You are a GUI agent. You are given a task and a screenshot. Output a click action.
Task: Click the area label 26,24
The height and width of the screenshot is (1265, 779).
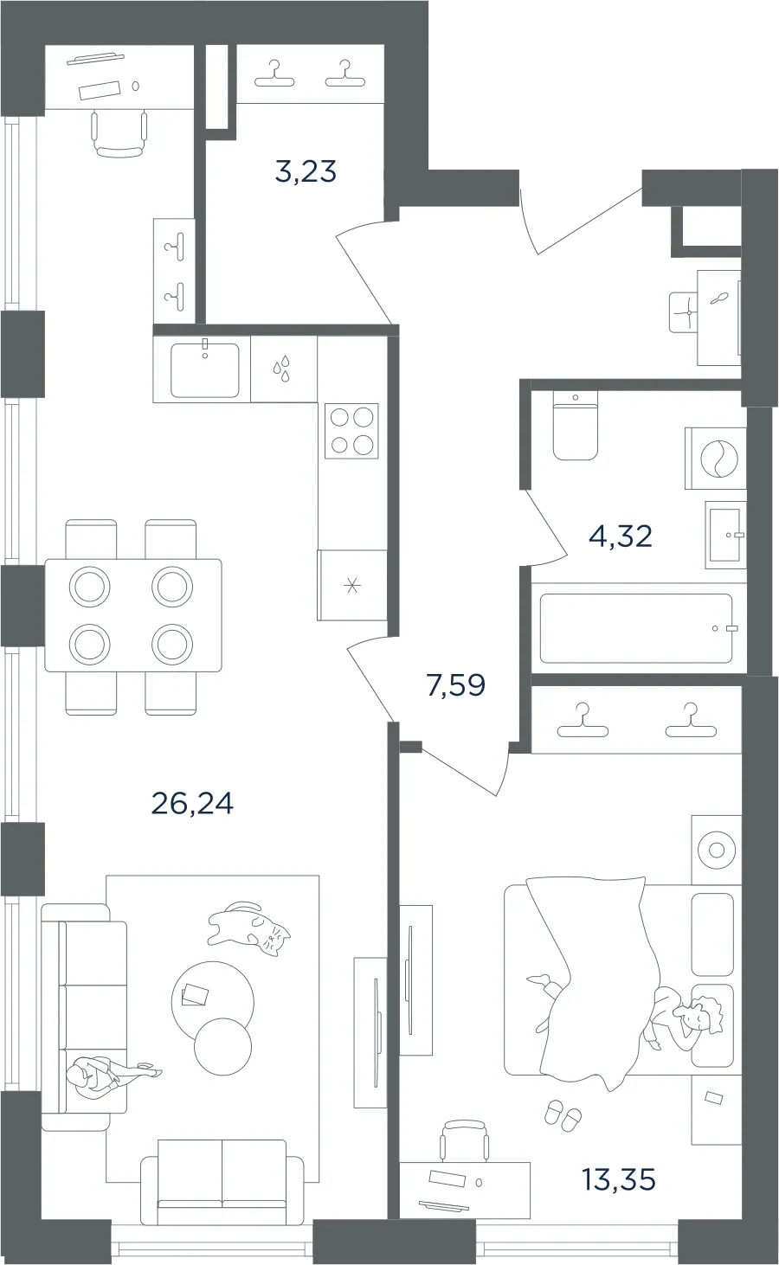(x=192, y=804)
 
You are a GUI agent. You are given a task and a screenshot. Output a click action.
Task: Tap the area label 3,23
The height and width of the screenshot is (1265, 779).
(x=306, y=171)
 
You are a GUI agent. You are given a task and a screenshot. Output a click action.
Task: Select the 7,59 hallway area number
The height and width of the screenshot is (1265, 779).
(x=456, y=685)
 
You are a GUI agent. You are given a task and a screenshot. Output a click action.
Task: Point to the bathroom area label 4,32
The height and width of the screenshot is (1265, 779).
(x=621, y=536)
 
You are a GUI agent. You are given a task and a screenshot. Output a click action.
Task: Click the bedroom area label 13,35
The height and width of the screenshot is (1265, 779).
(x=619, y=1179)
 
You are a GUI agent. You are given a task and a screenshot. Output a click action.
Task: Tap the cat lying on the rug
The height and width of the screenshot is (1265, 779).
(x=249, y=928)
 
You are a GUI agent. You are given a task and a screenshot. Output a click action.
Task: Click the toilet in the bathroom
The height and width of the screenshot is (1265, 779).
(x=575, y=427)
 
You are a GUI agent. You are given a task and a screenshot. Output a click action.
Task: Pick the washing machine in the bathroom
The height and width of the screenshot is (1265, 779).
(x=715, y=458)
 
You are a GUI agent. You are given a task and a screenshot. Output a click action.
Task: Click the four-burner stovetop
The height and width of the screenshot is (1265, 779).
(x=351, y=432)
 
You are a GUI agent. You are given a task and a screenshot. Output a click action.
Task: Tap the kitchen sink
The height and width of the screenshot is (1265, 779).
(x=204, y=370)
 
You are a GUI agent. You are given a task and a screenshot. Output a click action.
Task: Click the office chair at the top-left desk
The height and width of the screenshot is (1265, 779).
(x=119, y=133)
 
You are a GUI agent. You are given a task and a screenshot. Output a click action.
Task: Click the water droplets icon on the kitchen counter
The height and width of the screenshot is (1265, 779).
(x=282, y=369)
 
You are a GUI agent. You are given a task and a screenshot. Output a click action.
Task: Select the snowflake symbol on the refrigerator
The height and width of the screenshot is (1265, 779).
(x=352, y=586)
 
